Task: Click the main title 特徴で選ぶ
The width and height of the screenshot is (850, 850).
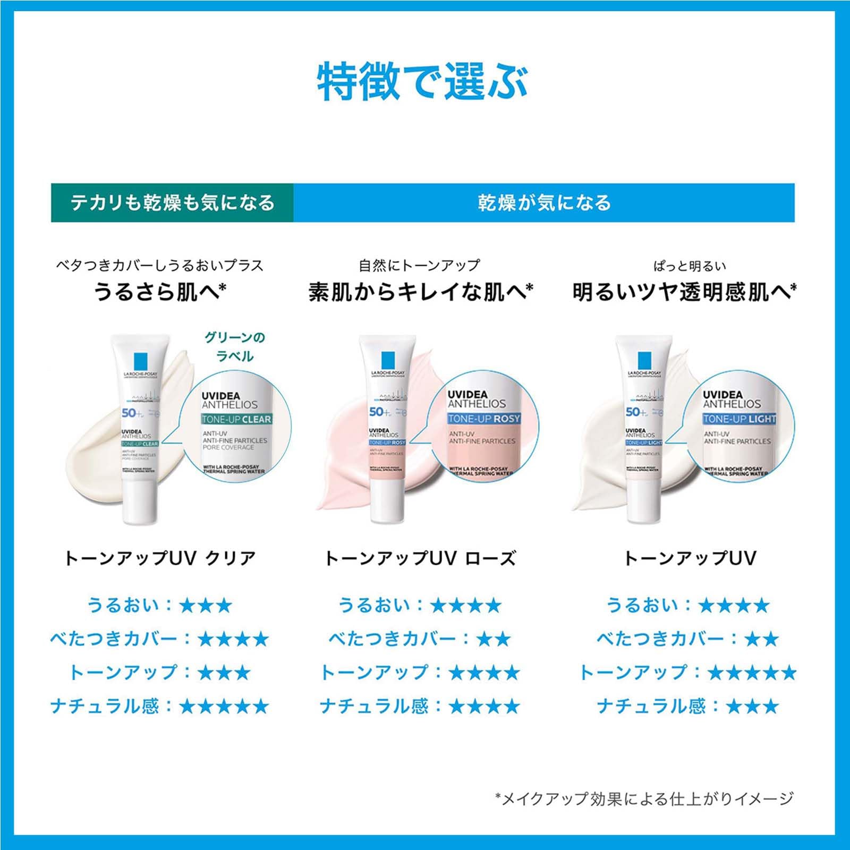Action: (x=422, y=82)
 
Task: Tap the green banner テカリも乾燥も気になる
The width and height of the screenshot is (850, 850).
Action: (x=172, y=202)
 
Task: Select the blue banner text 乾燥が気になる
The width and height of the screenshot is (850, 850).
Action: (x=544, y=202)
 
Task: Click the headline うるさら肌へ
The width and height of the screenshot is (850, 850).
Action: (x=159, y=292)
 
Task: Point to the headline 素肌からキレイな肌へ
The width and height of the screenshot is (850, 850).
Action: (x=420, y=292)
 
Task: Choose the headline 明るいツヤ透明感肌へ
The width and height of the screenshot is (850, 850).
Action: (x=684, y=292)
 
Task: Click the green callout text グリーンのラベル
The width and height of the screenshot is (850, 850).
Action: (x=235, y=346)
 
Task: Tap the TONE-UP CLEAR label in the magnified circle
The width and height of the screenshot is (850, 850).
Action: (x=236, y=419)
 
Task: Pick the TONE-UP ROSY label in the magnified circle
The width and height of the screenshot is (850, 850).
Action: (x=483, y=419)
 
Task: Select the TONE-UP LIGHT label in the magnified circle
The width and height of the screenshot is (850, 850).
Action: (x=739, y=419)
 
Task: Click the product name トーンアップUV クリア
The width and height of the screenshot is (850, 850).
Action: (x=159, y=558)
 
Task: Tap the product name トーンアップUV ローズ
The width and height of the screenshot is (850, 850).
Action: (x=420, y=558)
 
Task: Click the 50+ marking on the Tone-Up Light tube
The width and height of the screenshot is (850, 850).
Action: (x=635, y=412)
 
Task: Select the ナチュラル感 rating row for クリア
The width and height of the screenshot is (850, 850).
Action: (x=159, y=707)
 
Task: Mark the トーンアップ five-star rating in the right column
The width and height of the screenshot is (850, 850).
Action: (x=688, y=673)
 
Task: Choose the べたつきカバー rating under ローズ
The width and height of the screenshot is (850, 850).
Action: (x=420, y=639)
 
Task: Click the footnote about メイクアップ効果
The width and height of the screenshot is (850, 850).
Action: (x=644, y=798)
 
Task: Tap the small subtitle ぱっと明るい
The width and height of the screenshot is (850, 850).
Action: (x=689, y=266)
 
